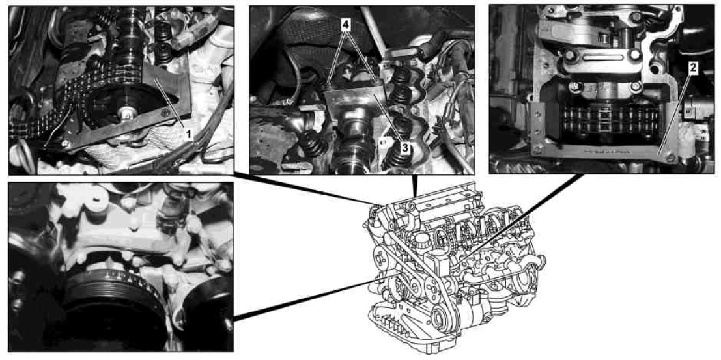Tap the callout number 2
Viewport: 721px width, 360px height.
tap(693, 68)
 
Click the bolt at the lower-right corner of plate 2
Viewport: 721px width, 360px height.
tap(671, 158)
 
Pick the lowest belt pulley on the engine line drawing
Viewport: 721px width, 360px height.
tap(445, 316)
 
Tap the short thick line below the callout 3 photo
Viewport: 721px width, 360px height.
tap(415, 186)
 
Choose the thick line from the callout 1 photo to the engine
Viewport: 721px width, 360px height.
tap(305, 189)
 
